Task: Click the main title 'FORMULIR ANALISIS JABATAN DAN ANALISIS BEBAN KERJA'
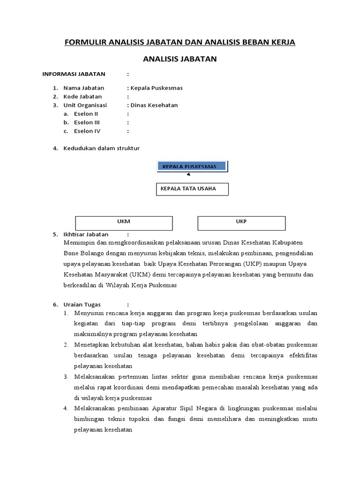(x=180, y=43)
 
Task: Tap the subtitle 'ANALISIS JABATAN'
(x=180, y=59)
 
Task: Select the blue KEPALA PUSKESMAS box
(x=192, y=166)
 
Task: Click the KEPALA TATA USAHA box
(x=193, y=189)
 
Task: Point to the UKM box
(x=124, y=223)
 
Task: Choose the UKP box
(x=241, y=223)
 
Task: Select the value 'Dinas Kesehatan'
(x=154, y=105)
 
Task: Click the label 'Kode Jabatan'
(x=82, y=97)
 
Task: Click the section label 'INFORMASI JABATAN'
(x=74, y=74)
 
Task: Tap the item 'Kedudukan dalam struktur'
(x=101, y=148)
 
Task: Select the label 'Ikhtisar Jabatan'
(x=86, y=234)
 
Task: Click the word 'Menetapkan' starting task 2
(x=90, y=345)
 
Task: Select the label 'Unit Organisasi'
(x=85, y=105)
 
